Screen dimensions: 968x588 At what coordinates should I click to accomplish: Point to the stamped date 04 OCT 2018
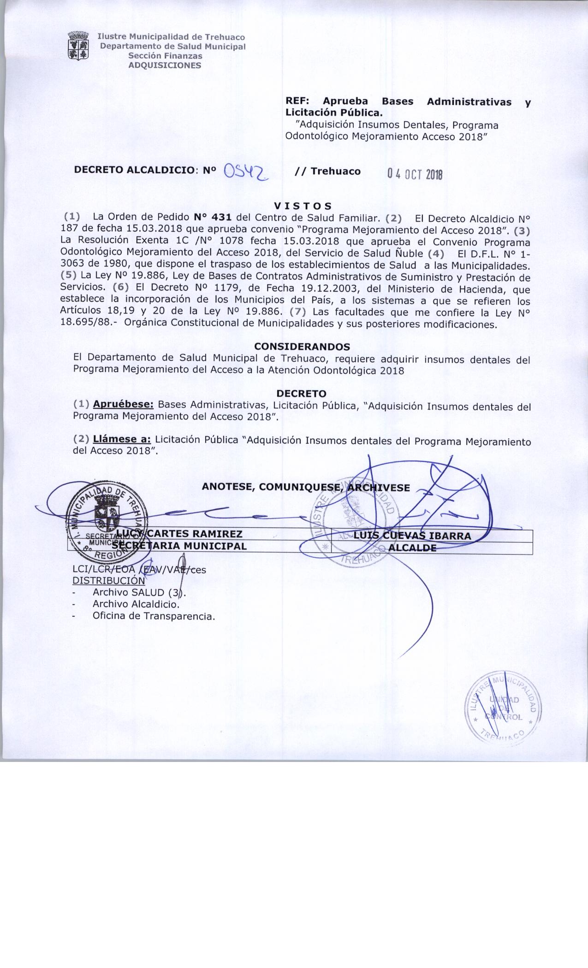(x=415, y=174)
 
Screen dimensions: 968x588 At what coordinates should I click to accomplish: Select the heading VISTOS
(x=303, y=206)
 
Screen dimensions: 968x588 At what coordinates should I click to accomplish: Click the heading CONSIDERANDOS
(x=302, y=346)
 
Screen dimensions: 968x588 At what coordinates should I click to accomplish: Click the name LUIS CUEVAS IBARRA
(x=412, y=536)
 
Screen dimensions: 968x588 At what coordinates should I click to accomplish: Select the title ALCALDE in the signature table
(x=413, y=548)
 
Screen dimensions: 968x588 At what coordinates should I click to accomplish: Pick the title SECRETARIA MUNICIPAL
(x=180, y=546)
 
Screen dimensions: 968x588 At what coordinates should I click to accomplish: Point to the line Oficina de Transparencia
(x=154, y=616)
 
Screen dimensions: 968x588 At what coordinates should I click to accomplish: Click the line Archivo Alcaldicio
(x=136, y=604)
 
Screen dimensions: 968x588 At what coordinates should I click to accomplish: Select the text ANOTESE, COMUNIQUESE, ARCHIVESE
(x=306, y=488)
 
